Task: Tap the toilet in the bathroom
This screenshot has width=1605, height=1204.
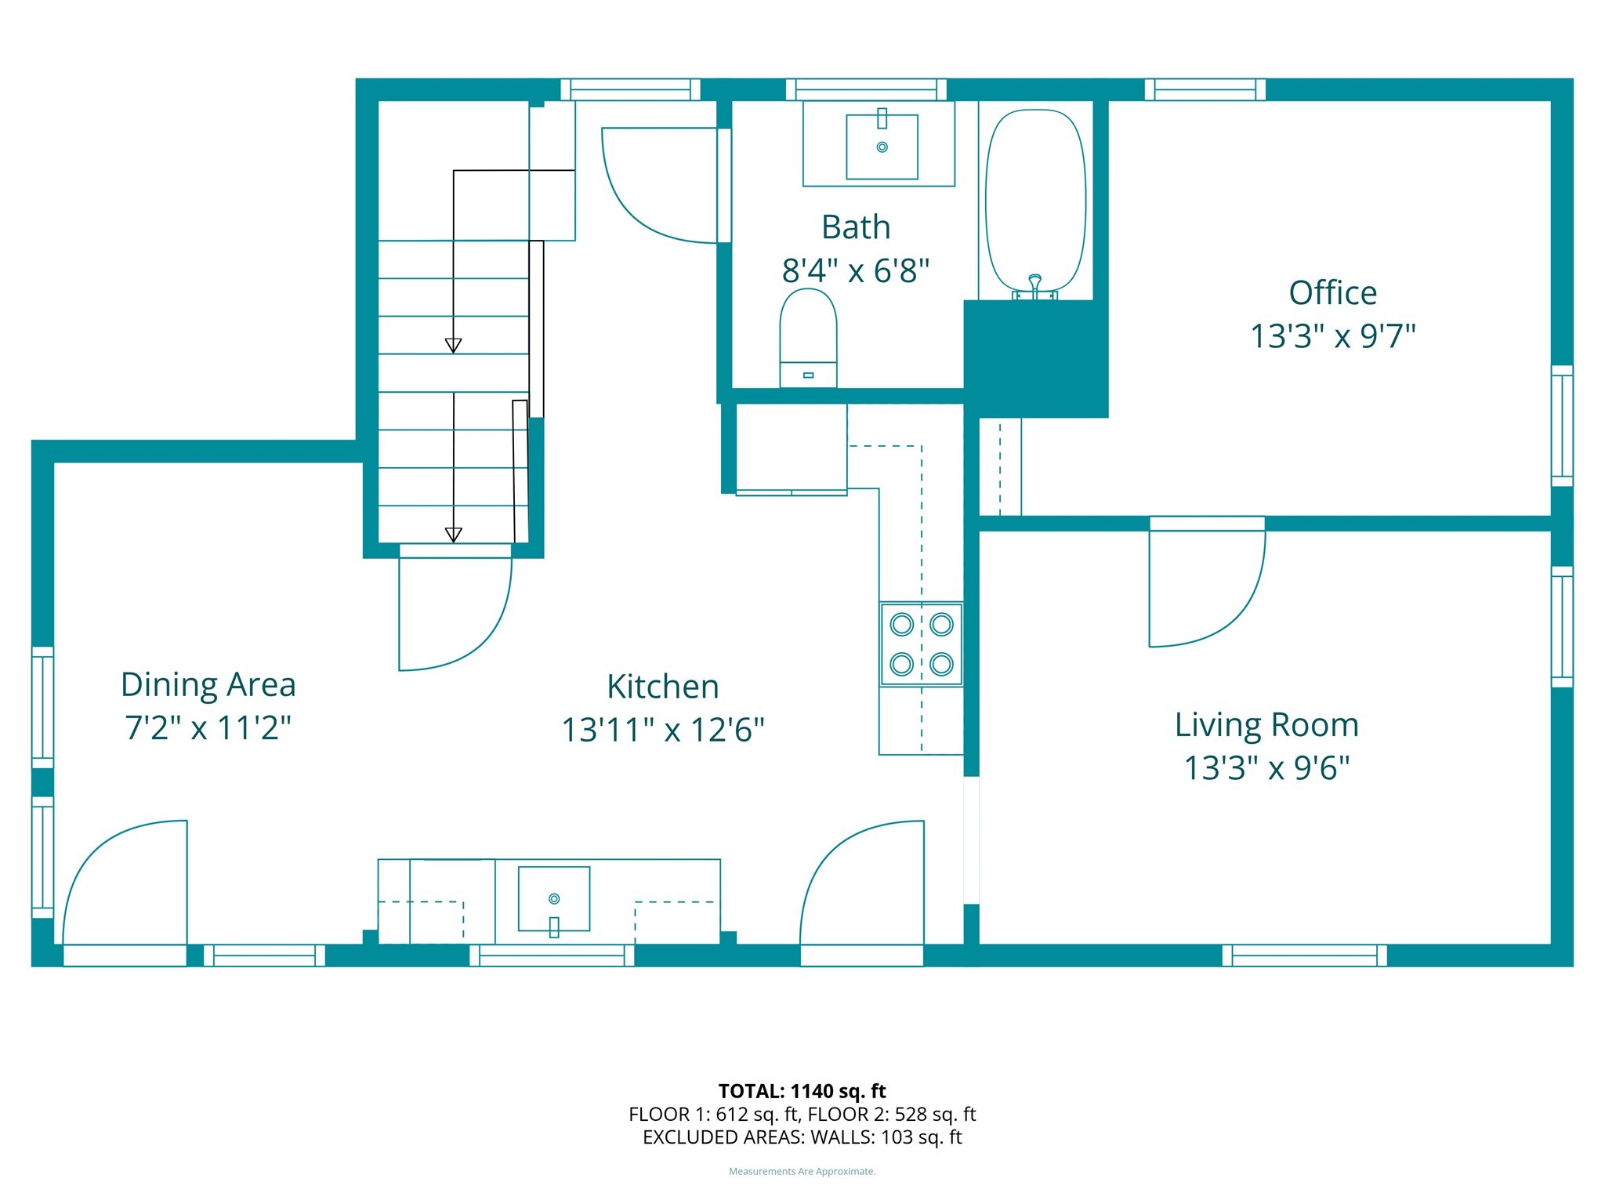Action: point(808,337)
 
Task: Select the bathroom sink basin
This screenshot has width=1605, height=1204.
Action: point(882,147)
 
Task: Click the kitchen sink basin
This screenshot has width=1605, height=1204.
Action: point(554,898)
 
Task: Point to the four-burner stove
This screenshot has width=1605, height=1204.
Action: point(921,644)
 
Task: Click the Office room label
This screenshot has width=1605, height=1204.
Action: point(1332,293)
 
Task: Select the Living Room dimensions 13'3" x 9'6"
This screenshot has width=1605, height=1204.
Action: point(1266,768)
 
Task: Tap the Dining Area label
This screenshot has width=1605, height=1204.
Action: point(208,684)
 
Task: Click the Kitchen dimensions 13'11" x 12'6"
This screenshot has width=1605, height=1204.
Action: point(662,730)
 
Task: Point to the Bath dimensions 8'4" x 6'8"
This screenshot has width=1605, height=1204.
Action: point(855,271)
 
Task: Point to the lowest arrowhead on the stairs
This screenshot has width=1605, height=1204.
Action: point(453,535)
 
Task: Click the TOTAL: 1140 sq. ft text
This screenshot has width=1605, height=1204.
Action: point(802,1091)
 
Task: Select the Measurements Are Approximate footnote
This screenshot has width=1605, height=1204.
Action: point(802,1172)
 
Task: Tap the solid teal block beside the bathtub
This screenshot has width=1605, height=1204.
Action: point(1035,358)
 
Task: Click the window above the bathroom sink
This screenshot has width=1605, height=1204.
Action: point(866,89)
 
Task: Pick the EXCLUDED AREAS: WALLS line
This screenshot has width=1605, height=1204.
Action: point(802,1137)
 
